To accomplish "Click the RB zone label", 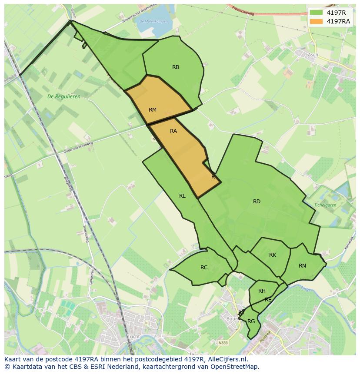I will pyautogui.click(x=176, y=67).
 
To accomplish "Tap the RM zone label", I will pyautogui.click(x=152, y=110).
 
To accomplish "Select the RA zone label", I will pyautogui.click(x=173, y=131).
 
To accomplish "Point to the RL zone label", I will pyautogui.click(x=182, y=196).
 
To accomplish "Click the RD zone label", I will pyautogui.click(x=257, y=201).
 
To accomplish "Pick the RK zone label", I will pyautogui.click(x=273, y=255).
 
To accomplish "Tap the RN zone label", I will pyautogui.click(x=302, y=266).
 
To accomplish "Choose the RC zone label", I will pyautogui.click(x=204, y=268).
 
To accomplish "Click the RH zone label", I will pyautogui.click(x=262, y=291).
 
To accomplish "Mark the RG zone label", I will pyautogui.click(x=251, y=321).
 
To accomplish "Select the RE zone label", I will pyautogui.click(x=268, y=300).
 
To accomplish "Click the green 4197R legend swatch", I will pyautogui.click(x=316, y=12).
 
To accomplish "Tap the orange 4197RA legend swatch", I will pyautogui.click(x=316, y=21).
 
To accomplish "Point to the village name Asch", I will pyautogui.click(x=313, y=55).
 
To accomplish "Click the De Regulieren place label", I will pyautogui.click(x=64, y=96).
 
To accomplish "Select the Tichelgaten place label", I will pyautogui.click(x=326, y=205).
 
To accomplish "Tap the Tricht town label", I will pyautogui.click(x=133, y=337).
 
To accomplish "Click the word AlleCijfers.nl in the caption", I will pyautogui.click(x=226, y=359).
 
